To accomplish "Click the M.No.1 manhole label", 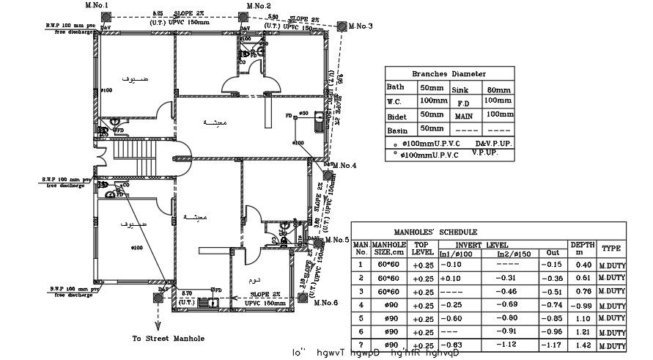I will (x=96, y=5).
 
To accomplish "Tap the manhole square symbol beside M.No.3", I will (x=342, y=24).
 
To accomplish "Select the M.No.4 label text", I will (x=344, y=166).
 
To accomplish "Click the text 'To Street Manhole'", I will (x=168, y=339).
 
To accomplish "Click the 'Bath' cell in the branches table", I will (x=395, y=87).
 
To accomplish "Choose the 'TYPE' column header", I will (x=611, y=248).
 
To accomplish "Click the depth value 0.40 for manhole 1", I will (x=583, y=265).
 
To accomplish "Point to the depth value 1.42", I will (x=583, y=345).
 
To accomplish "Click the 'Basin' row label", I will (x=396, y=131).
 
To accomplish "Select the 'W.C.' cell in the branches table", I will (x=396, y=102).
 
